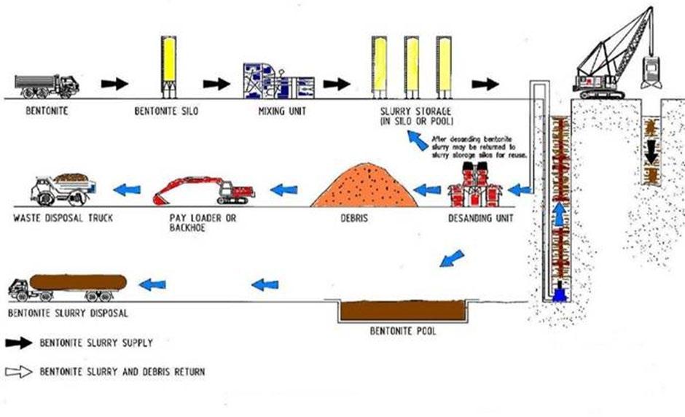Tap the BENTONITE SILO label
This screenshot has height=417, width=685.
(x=167, y=112)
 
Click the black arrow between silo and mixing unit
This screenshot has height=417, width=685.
(x=216, y=84)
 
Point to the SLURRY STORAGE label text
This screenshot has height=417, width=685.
(x=404, y=112)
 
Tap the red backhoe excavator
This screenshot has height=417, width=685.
(x=203, y=189)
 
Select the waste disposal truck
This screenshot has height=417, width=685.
(x=61, y=190)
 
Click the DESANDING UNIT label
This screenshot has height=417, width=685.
(x=479, y=218)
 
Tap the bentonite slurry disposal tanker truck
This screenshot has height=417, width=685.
(x=70, y=285)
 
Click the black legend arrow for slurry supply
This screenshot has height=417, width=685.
(x=20, y=342)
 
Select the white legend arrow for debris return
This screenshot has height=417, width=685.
(x=20, y=372)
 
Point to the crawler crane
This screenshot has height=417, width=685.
(x=612, y=62)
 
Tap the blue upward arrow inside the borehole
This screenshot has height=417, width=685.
(x=559, y=214)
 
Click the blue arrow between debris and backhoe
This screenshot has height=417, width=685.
(x=283, y=190)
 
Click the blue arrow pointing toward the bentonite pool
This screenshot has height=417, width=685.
(x=452, y=258)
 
